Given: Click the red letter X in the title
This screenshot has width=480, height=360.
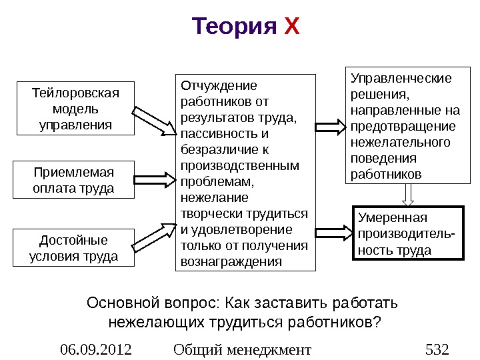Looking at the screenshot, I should pos(293,27).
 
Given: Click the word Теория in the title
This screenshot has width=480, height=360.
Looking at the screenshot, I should pos(234,27).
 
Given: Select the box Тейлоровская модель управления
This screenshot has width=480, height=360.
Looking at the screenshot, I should pos(73,108).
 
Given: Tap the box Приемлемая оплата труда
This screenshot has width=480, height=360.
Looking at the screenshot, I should pos(73,180).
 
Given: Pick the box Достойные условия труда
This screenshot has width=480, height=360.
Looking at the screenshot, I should pos(73,248).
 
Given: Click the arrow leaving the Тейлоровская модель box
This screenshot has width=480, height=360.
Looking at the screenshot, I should pos(155,121).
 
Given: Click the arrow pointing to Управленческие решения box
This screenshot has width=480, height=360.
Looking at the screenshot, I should pos(331,125).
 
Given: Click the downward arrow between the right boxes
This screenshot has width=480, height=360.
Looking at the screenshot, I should pos(409,194).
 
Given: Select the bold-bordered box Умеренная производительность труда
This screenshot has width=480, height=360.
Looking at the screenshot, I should pos(407,234).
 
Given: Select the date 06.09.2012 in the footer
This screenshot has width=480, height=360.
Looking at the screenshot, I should pos(96,349).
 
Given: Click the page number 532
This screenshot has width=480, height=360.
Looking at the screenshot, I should pos(437,349).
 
